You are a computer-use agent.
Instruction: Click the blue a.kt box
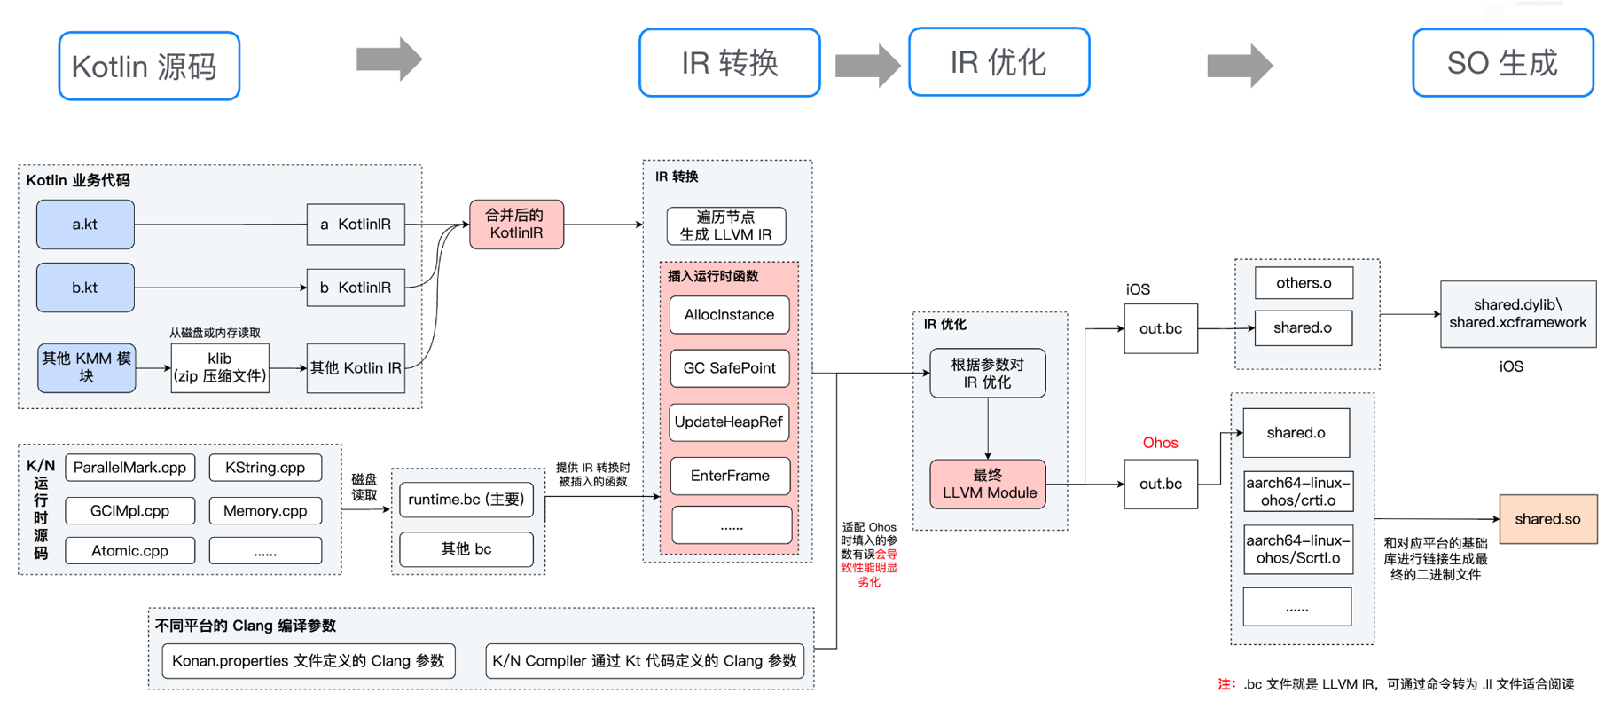[85, 225]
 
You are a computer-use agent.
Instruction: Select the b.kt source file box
[85, 288]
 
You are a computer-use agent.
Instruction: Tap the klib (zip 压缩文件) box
[220, 367]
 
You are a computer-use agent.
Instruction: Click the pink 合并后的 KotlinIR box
[516, 225]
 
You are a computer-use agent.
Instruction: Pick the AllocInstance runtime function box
[729, 315]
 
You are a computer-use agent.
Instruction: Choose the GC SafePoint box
[729, 368]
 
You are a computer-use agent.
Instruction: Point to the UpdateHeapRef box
[729, 422]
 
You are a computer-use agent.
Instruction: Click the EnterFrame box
[730, 476]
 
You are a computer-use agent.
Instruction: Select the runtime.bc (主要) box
[466, 500]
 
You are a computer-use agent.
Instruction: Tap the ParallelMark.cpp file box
[129, 468]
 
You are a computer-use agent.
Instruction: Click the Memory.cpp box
[265, 511]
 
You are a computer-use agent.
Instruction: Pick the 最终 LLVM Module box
[988, 485]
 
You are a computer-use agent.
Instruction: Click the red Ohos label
[1160, 443]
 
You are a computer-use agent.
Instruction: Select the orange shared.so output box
[1547, 519]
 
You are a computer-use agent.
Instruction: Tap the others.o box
[1304, 283]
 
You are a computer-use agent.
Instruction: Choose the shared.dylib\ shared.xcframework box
[1518, 314]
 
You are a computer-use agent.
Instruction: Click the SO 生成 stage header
[1503, 63]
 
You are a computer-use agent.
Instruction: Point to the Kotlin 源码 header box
[149, 67]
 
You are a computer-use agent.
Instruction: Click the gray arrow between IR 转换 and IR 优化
[867, 65]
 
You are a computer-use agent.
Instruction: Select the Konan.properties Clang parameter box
[309, 661]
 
